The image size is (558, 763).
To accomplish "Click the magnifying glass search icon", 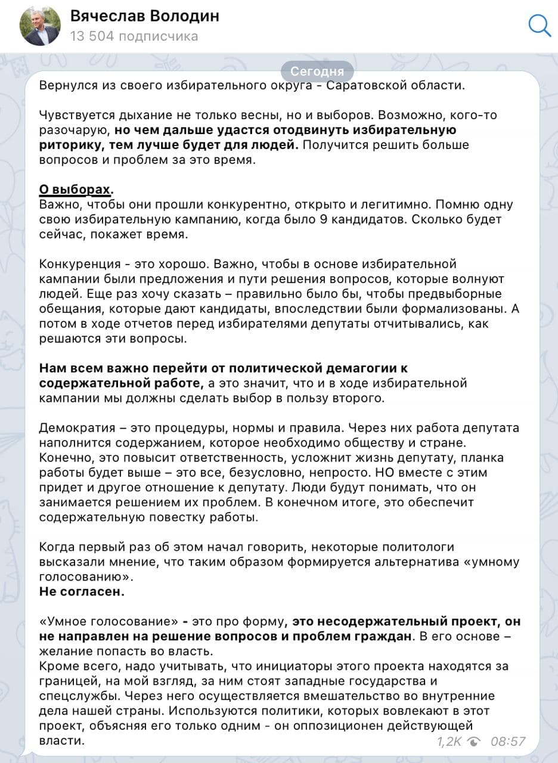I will coord(540,25).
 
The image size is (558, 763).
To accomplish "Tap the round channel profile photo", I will coord(41,26).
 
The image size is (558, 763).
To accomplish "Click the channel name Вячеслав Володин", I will coord(144,16).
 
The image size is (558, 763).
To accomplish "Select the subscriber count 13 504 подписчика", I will coord(134,36).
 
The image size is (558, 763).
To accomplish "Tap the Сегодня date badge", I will coord(317,72).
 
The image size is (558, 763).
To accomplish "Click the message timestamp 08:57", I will coord(508,741).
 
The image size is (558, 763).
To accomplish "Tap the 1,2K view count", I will coord(449,741).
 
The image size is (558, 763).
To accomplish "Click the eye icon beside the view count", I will coord(475,741).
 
